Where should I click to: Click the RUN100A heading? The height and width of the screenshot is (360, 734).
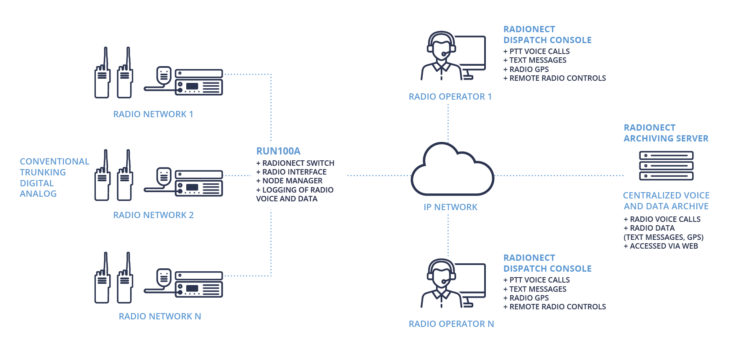278,151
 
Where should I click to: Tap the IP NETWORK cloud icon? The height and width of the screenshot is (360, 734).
452,171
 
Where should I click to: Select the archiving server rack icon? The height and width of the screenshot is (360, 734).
666,166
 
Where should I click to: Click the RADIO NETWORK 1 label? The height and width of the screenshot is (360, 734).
153,114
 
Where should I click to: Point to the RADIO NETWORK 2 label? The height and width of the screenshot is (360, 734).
153,215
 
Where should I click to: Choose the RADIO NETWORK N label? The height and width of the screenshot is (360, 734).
160,316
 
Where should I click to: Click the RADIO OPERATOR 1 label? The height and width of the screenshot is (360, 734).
450,97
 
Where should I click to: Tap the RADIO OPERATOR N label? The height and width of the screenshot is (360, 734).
451,324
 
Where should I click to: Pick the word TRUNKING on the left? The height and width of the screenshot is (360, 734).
43,172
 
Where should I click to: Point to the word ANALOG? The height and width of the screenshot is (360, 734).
38,194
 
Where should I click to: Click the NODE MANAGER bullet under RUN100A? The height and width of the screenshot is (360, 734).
290,181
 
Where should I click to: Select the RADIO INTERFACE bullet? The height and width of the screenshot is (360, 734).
292,172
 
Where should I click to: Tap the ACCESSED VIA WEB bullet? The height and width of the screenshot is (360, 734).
661,246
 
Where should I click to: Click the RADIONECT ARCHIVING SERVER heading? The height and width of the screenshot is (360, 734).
666,133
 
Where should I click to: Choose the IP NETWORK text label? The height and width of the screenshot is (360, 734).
450,207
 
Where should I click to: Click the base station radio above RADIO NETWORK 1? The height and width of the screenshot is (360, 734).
198,82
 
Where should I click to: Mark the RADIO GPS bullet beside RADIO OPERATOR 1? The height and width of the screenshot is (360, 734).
526,69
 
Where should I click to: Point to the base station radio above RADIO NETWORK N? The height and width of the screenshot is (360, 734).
198,284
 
